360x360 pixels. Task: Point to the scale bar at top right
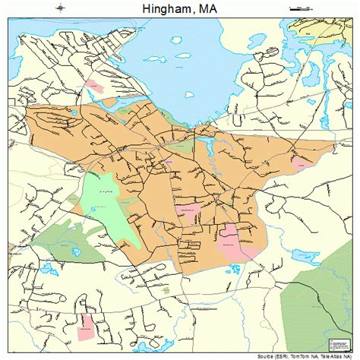pyautogui.click(x=301, y=8)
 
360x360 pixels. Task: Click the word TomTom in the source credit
pyautogui.click(x=285, y=355)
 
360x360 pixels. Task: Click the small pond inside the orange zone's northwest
pyautogui.click(x=74, y=112)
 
